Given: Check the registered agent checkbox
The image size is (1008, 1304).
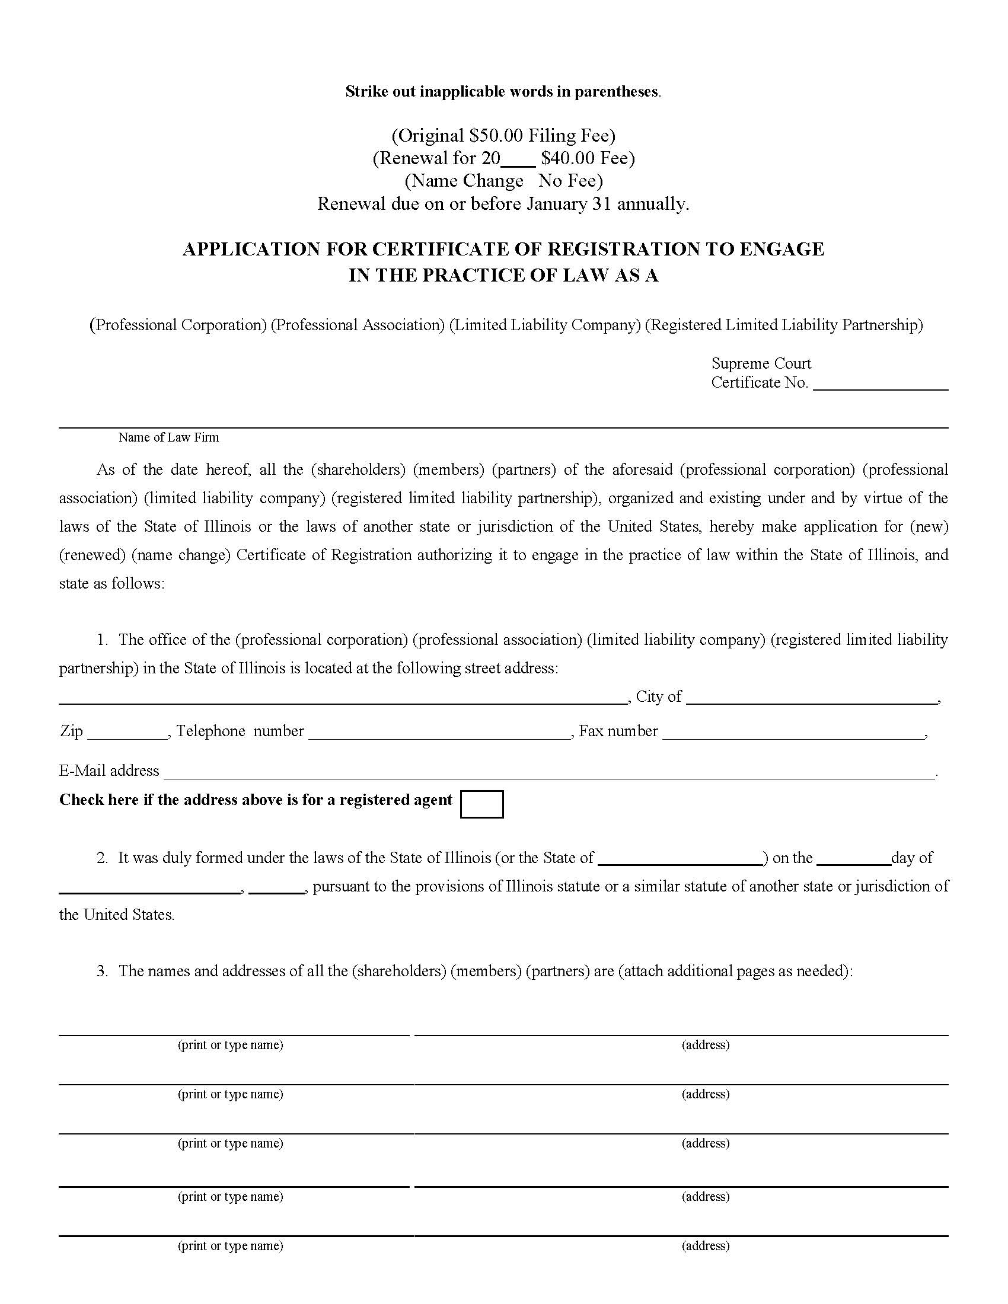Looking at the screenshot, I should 481,804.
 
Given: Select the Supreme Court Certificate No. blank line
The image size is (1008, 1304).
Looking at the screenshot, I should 880,385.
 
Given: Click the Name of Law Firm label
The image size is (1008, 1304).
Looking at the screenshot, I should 168,437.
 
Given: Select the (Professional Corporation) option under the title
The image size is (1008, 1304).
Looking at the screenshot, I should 178,325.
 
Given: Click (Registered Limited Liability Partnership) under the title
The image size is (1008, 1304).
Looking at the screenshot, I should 783,325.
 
